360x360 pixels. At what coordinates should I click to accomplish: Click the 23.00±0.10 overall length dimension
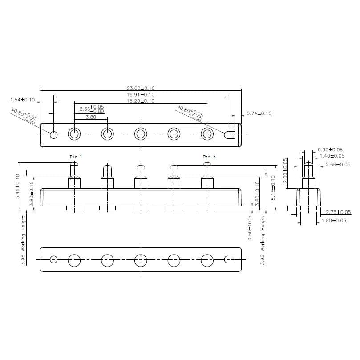point(141,89)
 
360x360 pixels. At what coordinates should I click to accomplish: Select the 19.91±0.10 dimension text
point(141,94)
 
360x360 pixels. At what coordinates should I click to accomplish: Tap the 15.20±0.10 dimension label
point(141,101)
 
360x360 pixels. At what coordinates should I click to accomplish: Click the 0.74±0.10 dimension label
point(259,113)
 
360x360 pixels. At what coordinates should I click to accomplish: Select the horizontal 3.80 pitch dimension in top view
point(90,117)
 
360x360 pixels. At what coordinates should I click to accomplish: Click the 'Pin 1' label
point(76,157)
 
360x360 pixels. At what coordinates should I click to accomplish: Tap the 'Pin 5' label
point(210,157)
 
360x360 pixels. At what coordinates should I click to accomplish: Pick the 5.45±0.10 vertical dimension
point(18,186)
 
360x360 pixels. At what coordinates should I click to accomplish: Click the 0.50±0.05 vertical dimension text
point(250,228)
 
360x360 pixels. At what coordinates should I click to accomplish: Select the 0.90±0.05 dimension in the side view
point(330,150)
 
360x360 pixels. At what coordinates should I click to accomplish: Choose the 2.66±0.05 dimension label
point(338,164)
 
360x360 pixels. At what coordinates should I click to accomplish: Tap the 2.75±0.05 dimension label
point(338,212)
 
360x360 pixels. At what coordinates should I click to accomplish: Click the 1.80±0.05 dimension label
point(334,220)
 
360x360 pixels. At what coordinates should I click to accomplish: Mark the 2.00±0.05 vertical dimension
point(286,169)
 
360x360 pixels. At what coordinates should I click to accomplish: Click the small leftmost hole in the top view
point(54,134)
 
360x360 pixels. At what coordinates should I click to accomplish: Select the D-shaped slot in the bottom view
point(230,259)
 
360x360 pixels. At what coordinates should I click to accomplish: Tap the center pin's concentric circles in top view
point(141,134)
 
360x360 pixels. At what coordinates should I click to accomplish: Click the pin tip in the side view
point(308,166)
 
